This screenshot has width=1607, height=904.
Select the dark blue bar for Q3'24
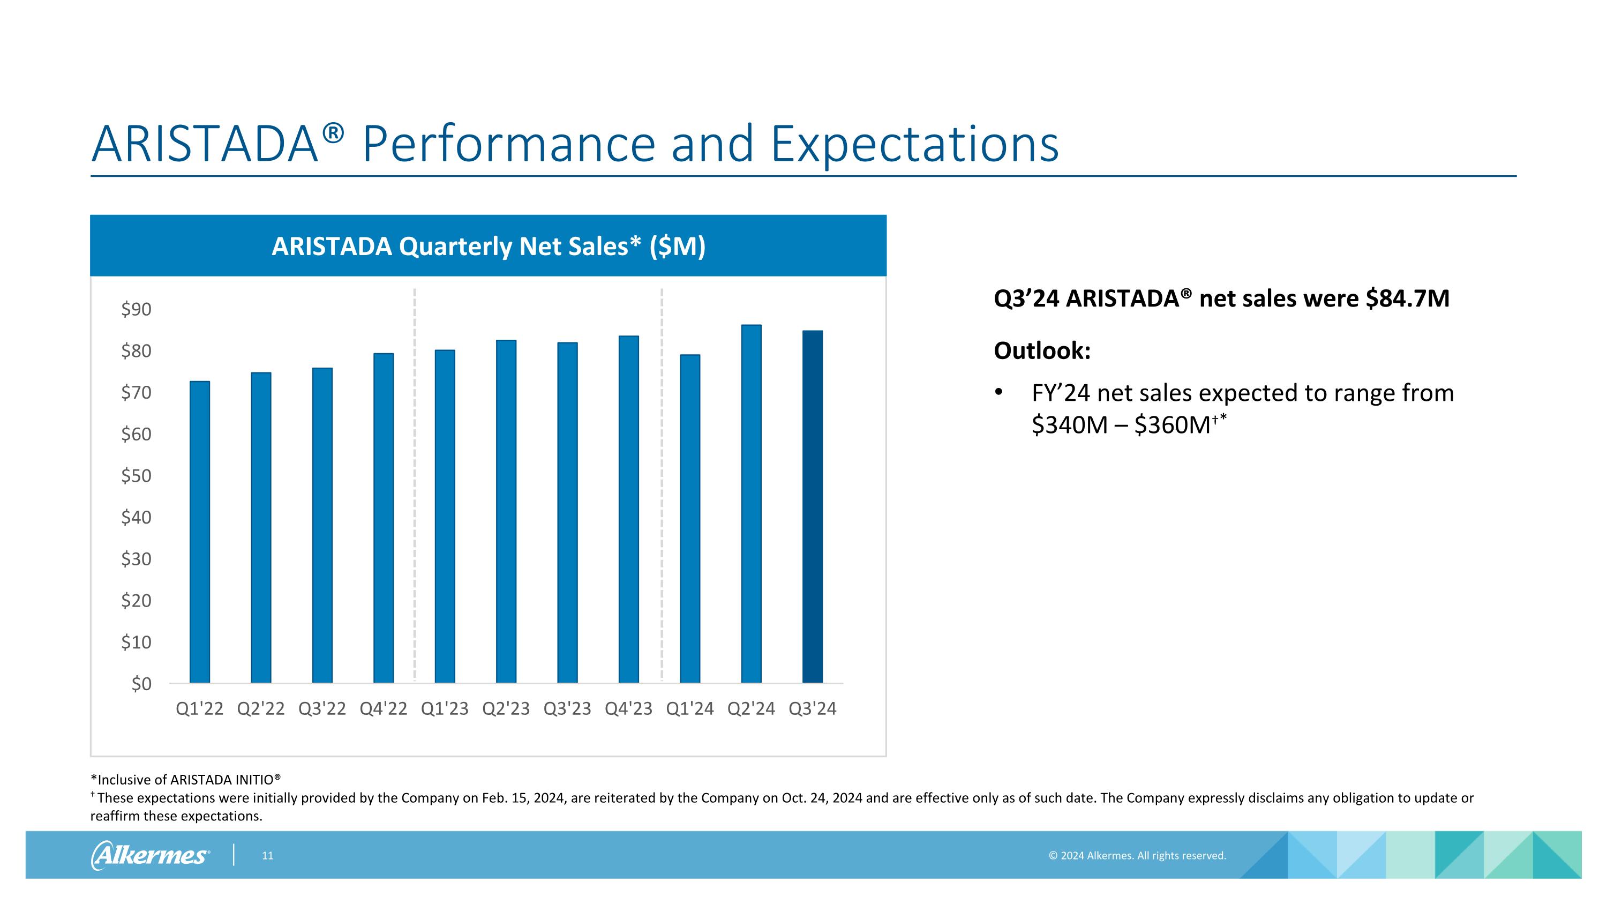click(812, 506)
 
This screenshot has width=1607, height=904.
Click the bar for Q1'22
click(200, 532)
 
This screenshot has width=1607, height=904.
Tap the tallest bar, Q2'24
click(751, 504)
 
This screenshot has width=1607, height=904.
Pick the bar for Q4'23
click(628, 509)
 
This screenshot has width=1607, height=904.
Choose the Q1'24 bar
click(690, 518)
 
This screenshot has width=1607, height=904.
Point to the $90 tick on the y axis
click(136, 309)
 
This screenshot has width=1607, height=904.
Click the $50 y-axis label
click(136, 476)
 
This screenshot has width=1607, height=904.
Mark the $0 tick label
click(141, 684)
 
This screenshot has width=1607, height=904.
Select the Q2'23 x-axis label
click(505, 709)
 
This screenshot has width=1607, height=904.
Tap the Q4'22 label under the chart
click(383, 709)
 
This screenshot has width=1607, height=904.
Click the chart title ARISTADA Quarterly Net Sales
click(488, 246)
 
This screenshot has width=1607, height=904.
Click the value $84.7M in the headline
click(1407, 299)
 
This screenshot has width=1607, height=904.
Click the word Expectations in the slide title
click(914, 144)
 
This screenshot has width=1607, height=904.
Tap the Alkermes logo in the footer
click(151, 855)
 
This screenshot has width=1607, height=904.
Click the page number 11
click(268, 856)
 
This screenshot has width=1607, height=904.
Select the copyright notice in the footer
click(1137, 856)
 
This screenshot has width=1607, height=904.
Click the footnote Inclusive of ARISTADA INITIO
click(186, 780)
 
